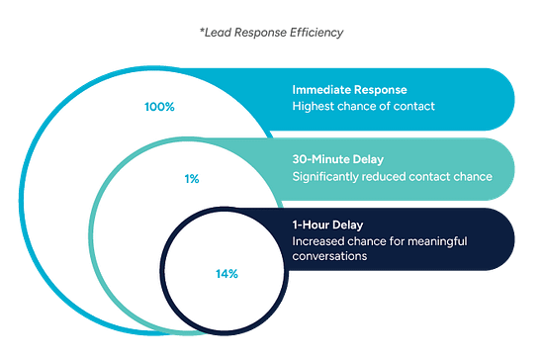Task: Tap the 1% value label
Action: point(192,179)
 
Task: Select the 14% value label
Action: point(226,272)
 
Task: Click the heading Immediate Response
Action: point(349,87)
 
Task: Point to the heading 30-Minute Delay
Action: point(340,158)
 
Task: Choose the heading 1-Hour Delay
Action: point(323,224)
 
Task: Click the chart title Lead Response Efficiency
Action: point(271,33)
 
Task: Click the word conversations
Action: point(331,256)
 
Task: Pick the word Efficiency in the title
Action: point(318,33)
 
